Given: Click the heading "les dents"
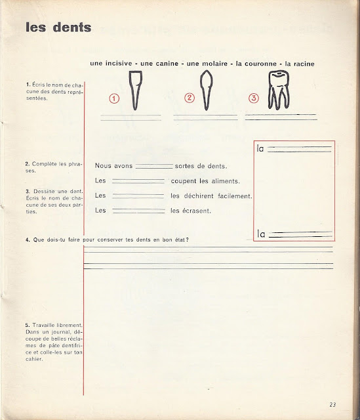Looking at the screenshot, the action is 58,28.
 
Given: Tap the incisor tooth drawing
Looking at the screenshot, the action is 136,90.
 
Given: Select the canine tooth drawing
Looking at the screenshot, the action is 207,90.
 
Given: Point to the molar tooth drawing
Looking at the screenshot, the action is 279,90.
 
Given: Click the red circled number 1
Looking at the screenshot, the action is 114,98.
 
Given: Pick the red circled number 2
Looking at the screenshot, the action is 190,98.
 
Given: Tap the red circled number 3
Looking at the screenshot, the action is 254,98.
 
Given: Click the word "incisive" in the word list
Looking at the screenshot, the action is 119,64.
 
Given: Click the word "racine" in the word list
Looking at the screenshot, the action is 304,64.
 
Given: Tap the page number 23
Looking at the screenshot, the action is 332,404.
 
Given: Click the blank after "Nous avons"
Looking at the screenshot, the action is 154,166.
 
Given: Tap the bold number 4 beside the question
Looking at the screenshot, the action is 28,240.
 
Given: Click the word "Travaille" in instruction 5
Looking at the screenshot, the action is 44,325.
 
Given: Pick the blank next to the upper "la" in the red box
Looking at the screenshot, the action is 300,149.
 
